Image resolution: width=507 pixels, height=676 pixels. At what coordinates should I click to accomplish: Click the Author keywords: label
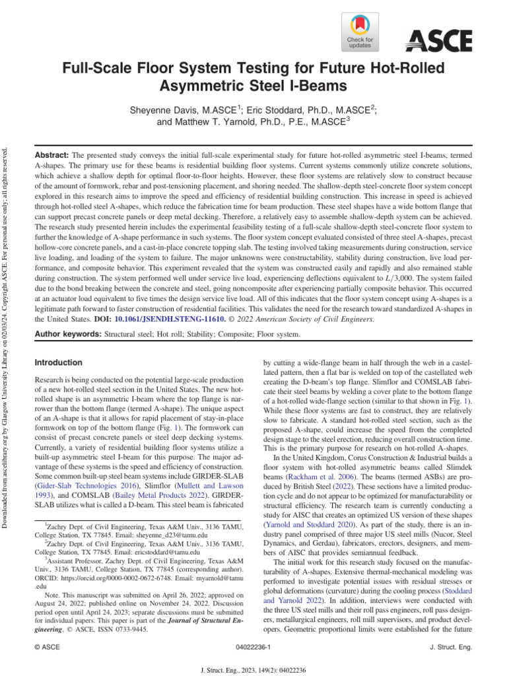click(x=68, y=335)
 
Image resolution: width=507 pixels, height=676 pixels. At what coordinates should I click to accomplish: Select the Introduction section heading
click(x=58, y=363)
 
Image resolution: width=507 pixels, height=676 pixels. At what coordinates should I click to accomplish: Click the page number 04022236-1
click(x=253, y=650)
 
